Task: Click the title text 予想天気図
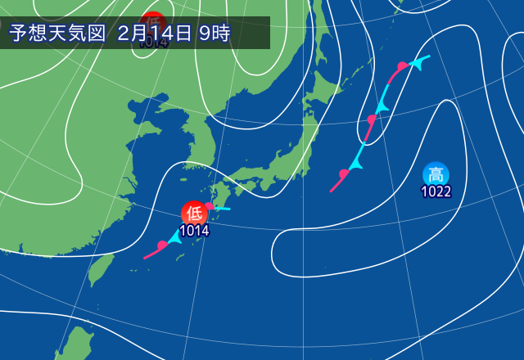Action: click(58, 34)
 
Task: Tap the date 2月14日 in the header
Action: click(154, 34)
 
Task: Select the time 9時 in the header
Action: click(214, 34)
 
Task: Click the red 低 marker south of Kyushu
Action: click(194, 214)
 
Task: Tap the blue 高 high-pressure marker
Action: click(436, 174)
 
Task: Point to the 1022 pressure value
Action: click(436, 192)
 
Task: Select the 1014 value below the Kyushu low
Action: click(194, 230)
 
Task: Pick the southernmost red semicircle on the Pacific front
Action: click(344, 174)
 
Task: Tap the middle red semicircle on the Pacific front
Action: click(371, 120)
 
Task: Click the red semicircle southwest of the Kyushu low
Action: click(162, 245)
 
